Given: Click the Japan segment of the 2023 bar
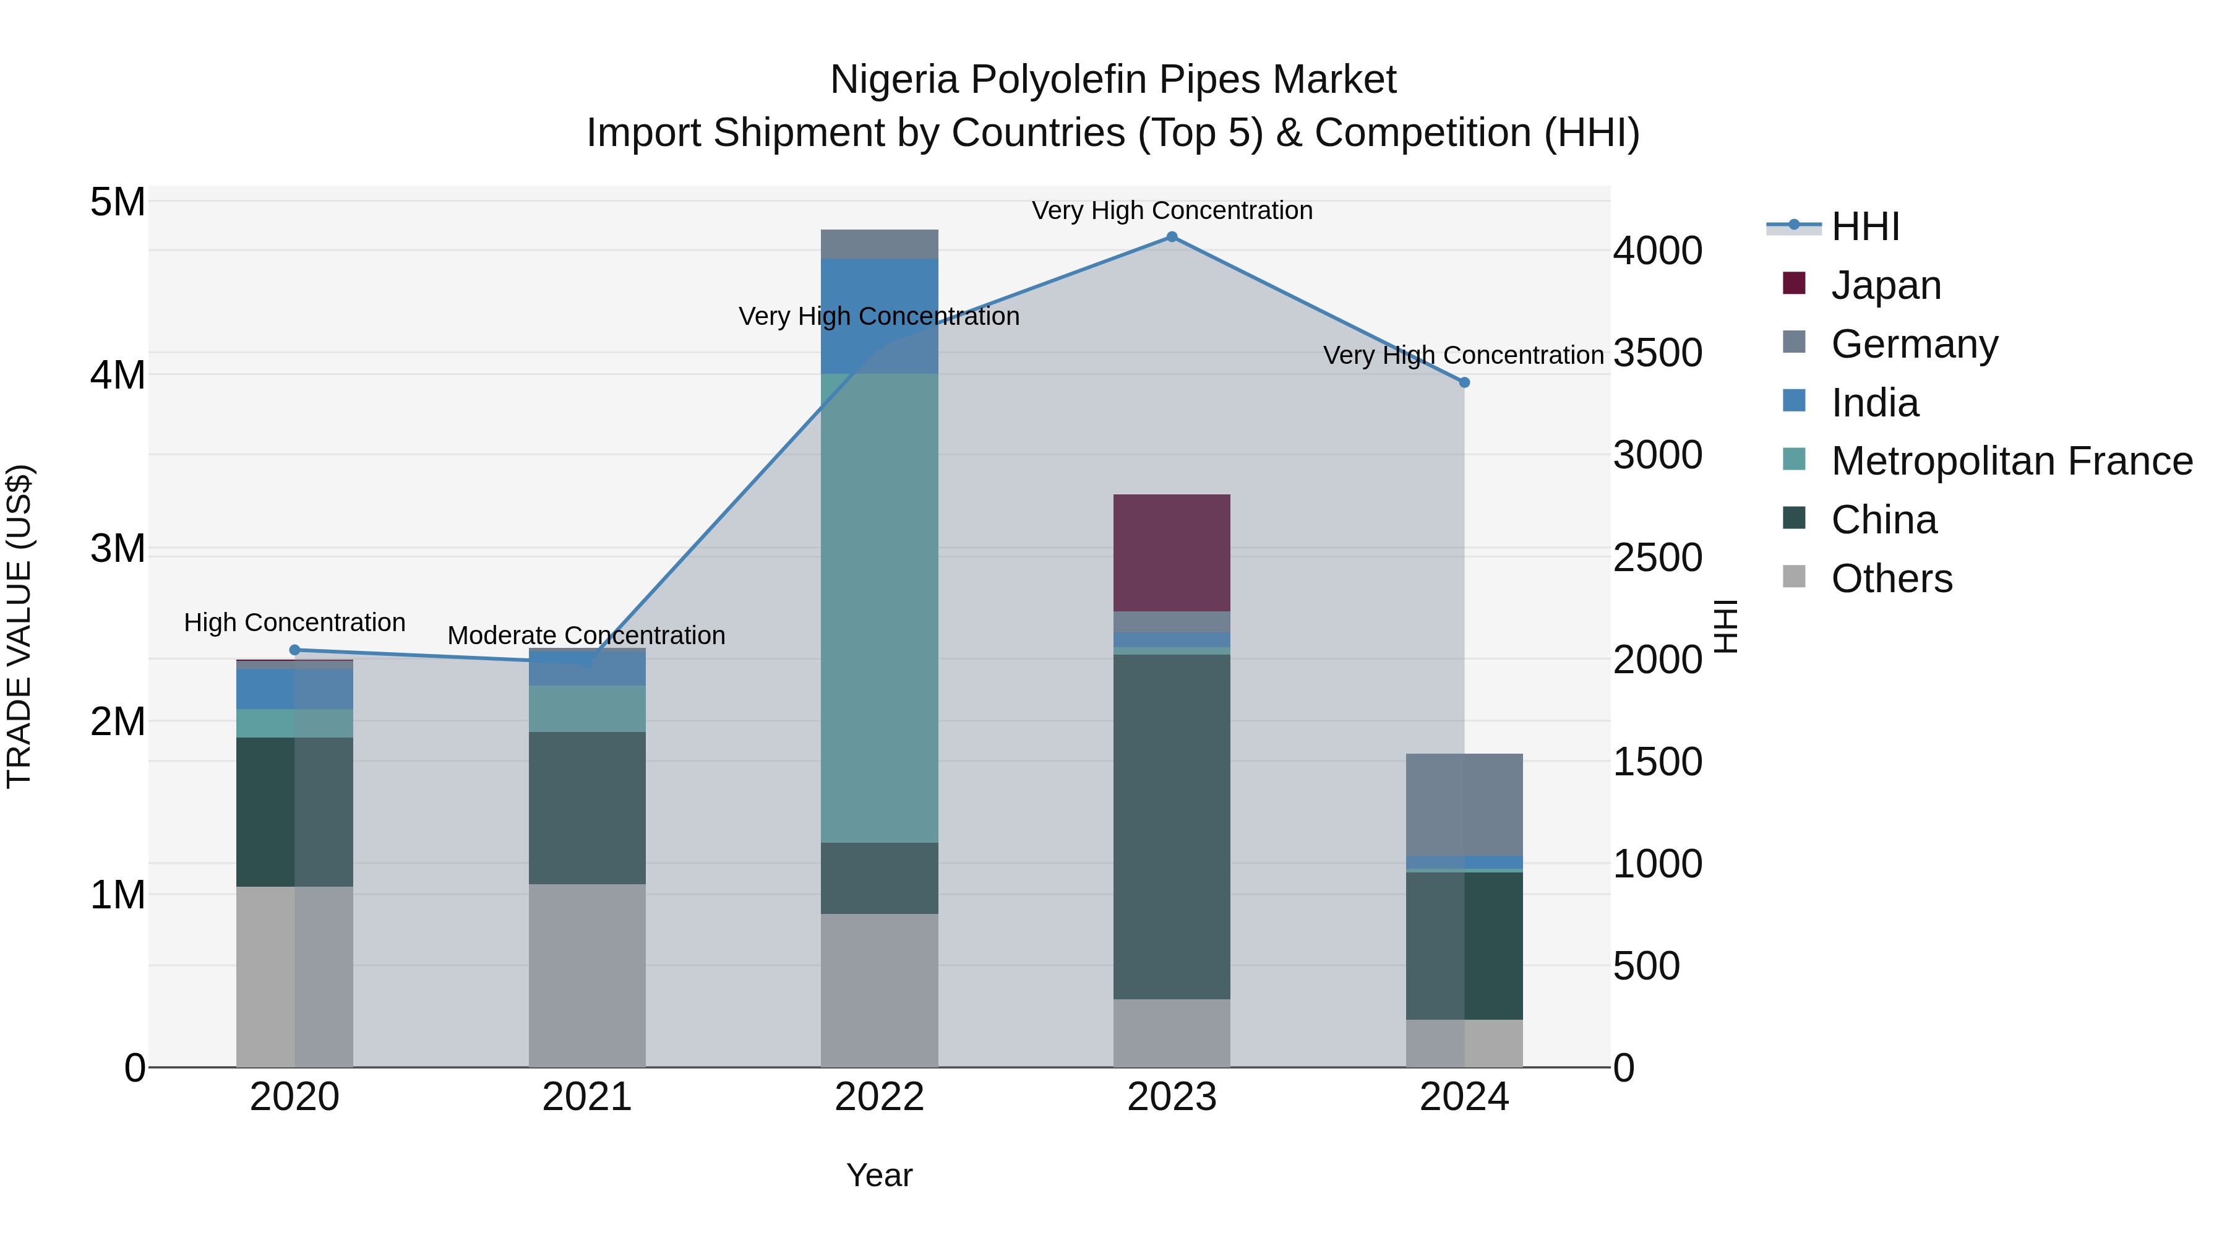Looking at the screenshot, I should coord(1172,553).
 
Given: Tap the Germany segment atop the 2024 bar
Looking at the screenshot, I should coord(1464,804).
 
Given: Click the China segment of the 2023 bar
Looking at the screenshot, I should coord(1172,827).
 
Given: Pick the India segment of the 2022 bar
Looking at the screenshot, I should coord(879,316).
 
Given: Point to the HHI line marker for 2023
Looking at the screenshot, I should coord(1172,237).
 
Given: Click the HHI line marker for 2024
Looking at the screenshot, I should coord(1464,382).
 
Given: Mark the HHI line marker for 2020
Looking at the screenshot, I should coord(295,650).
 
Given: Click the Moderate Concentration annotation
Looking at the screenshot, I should coord(586,635).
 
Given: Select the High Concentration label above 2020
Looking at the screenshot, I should coord(295,622).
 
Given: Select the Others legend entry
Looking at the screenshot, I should coord(1890,579).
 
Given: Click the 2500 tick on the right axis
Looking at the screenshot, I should coord(1657,558).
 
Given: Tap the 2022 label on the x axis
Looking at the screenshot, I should coord(879,1097).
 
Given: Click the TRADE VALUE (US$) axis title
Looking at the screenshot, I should coord(19,626).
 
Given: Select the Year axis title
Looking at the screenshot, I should coord(879,1175).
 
